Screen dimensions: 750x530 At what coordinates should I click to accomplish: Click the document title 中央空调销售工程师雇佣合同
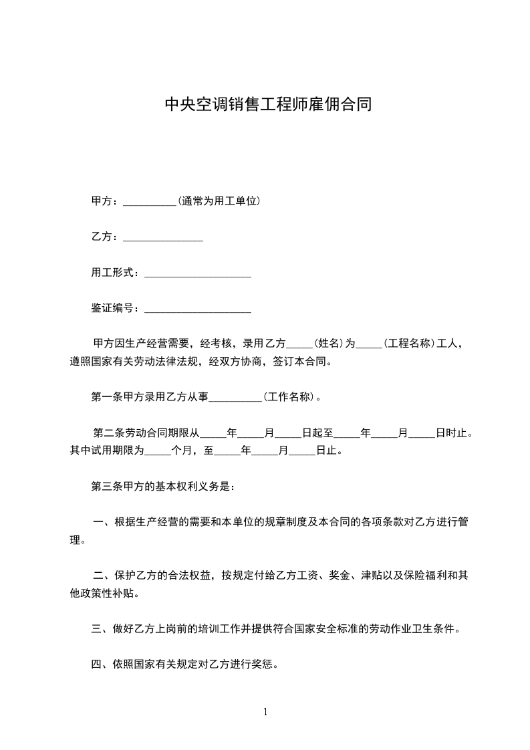[x=268, y=105]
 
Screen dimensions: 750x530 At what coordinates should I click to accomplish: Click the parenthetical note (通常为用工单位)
[x=219, y=201]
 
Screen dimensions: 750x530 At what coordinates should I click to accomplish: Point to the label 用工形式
[x=114, y=273]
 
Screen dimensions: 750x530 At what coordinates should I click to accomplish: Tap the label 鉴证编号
[x=114, y=309]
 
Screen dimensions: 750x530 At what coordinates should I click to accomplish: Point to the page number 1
[x=265, y=712]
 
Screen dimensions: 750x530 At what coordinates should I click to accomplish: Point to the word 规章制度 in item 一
[x=269, y=522]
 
